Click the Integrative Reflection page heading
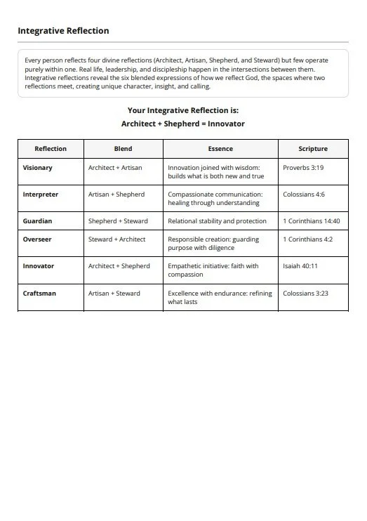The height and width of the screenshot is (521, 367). [63, 31]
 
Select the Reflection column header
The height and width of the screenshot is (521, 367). [51, 149]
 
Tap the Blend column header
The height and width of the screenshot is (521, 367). [123, 149]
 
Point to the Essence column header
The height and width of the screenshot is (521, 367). [220, 149]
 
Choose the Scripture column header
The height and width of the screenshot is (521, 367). [312, 149]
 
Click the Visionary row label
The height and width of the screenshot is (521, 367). [37, 168]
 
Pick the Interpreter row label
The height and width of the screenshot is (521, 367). [40, 194]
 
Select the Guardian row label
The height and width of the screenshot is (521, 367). [37, 221]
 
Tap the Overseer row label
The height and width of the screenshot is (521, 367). [36, 239]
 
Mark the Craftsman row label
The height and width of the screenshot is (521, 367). [39, 294]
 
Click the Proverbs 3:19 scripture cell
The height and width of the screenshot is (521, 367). [303, 168]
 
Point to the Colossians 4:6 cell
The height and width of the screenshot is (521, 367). [304, 194]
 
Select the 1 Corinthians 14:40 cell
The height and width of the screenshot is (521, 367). [311, 221]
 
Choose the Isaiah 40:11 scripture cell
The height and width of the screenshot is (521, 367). [300, 266]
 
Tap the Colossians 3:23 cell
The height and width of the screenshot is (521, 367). [305, 294]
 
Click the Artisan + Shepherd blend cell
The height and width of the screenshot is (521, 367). [116, 194]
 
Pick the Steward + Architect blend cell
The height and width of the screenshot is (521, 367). [116, 239]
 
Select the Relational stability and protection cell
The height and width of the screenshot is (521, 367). [217, 221]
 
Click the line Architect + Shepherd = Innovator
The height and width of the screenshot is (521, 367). [183, 124]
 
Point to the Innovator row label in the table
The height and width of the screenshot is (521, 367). [38, 266]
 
